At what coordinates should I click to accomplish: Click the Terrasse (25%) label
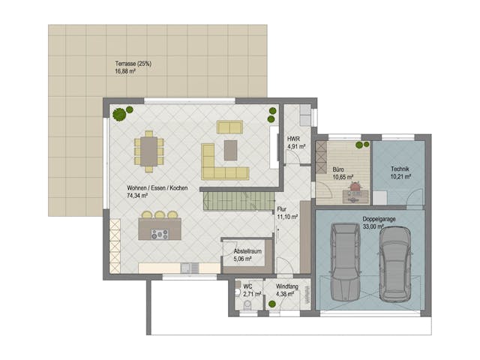click(133, 64)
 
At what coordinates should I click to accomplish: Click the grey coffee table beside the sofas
click(230, 151)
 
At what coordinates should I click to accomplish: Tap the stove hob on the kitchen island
click(160, 234)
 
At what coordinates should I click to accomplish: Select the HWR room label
click(293, 139)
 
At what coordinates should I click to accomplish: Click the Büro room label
click(340, 170)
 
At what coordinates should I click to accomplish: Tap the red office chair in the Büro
click(355, 184)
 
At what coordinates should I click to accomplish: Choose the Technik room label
click(400, 170)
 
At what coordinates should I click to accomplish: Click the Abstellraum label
click(247, 250)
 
